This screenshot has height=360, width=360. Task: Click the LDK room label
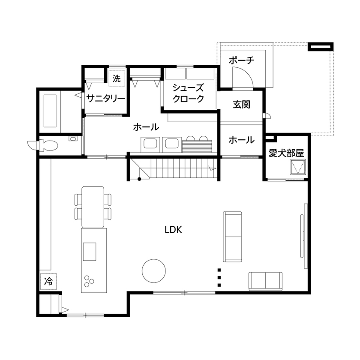[174, 229]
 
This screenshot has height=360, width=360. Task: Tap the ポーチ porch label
[241, 60]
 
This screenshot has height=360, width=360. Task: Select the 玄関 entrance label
[241, 105]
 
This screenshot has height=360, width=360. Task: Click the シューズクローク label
[188, 93]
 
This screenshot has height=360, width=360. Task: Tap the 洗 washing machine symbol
[117, 78]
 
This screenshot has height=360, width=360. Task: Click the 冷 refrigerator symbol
[48, 281]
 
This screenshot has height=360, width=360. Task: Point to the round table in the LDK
[154, 271]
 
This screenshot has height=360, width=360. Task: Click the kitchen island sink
[90, 251]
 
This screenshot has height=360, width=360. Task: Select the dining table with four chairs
[93, 207]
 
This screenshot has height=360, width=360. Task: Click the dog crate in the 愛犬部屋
[298, 167]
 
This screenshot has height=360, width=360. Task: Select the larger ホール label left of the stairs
[146, 127]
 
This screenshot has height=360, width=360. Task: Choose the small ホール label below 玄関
[241, 140]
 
